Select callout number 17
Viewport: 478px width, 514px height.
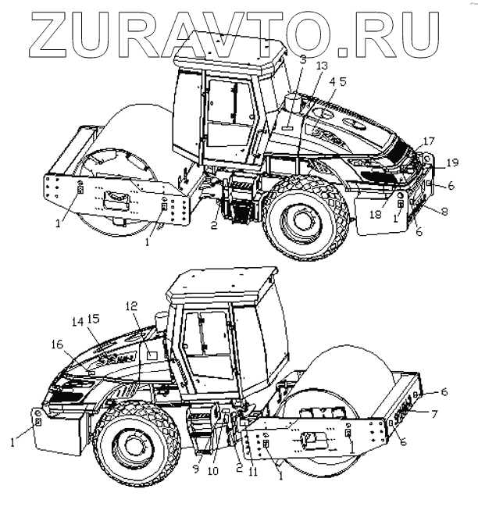click(429, 141)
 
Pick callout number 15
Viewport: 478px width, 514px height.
click(95, 321)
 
